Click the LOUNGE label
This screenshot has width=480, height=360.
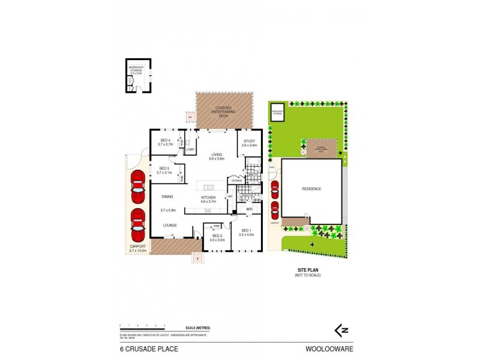click(x=170, y=225)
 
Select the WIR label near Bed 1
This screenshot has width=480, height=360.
click(x=248, y=209)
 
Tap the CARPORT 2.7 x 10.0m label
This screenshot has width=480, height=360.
click(x=138, y=249)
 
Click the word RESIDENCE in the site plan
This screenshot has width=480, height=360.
click(x=311, y=188)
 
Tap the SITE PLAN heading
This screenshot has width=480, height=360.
click(x=308, y=270)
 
